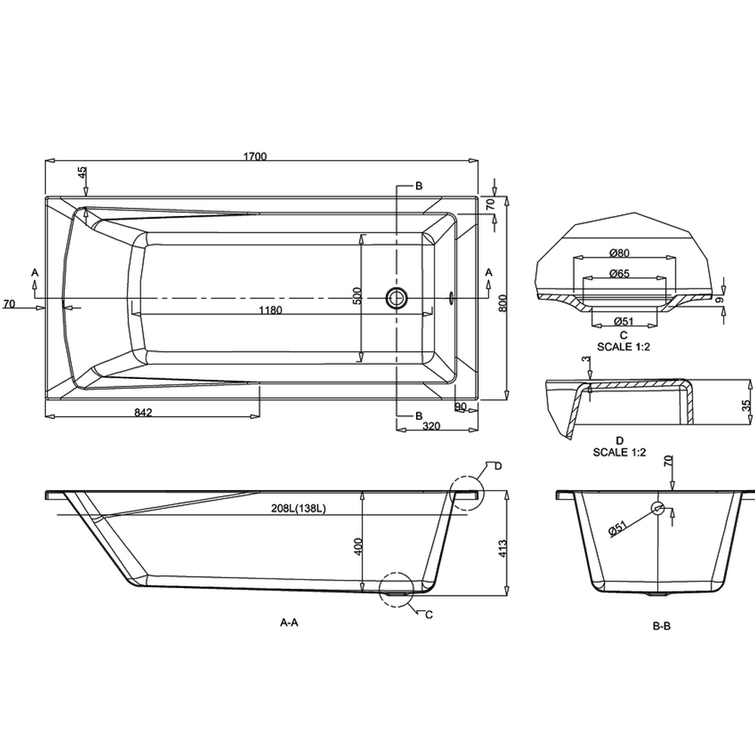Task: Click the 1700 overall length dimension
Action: coord(254,156)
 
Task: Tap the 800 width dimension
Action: coord(503,303)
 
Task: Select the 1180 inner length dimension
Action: coord(270,310)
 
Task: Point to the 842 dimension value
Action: coord(143,412)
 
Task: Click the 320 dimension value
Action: coord(431,426)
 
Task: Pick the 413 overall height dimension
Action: coord(503,548)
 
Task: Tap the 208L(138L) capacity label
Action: coord(298,508)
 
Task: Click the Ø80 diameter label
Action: coord(619,252)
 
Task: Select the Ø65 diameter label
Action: coord(619,273)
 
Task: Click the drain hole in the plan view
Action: coord(396,298)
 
